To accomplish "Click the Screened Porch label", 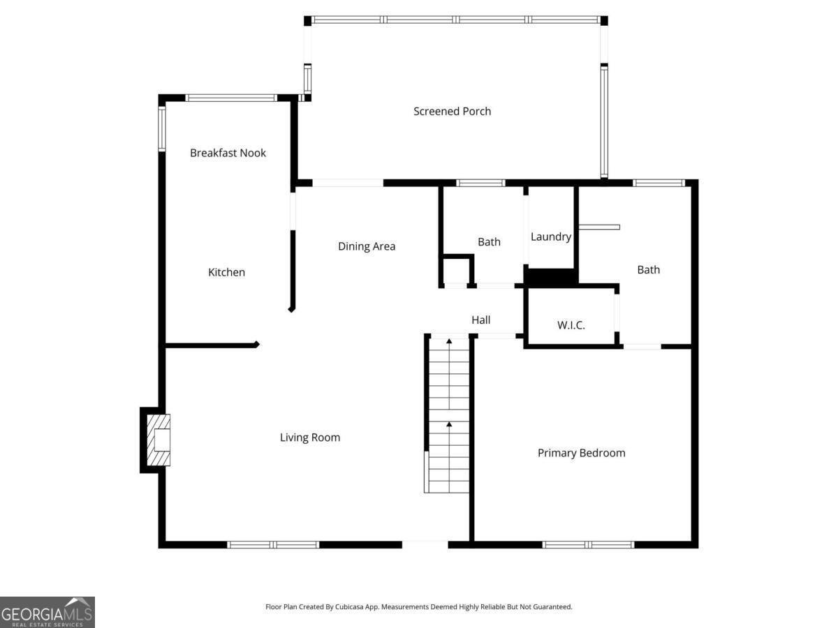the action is (x=452, y=112).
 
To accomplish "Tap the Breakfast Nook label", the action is (x=228, y=153).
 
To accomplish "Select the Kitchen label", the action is (x=226, y=272).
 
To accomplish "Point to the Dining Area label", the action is (x=367, y=246).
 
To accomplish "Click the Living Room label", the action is (x=310, y=438).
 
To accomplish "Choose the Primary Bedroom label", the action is (x=582, y=453).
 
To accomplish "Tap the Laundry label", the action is (x=551, y=237).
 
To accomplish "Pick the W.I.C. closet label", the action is (x=571, y=325).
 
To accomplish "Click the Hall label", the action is (x=480, y=320).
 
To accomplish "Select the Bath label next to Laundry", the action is (x=489, y=241).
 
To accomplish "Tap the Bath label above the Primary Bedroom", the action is (x=649, y=270).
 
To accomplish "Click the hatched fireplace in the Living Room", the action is (x=159, y=440).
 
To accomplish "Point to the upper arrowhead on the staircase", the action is (x=449, y=341).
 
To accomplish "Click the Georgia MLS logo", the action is (x=47, y=612).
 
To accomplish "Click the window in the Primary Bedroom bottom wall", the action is (x=588, y=544).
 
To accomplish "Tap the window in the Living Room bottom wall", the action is (x=273, y=544).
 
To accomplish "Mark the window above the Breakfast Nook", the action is (x=231, y=98).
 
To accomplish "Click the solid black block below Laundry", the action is (x=551, y=276).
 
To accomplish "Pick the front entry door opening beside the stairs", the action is (x=425, y=544).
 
